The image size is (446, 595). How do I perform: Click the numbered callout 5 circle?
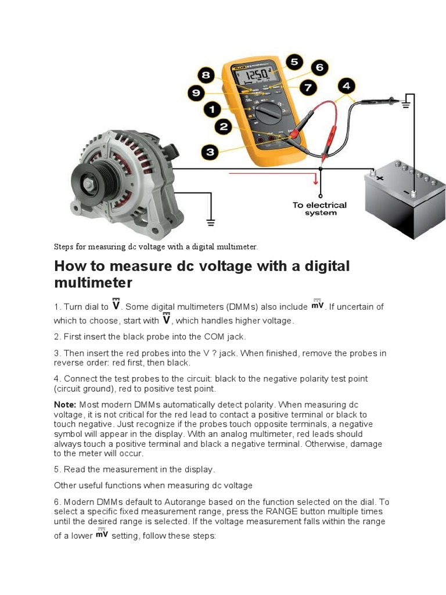pos(294,62)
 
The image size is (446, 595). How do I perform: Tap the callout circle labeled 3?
pos(210,152)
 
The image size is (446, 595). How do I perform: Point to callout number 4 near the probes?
pos(346,87)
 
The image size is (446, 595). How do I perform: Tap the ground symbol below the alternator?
pos(210,221)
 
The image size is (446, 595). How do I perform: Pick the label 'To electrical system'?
pos(319,209)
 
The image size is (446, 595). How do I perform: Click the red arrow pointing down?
pos(316,181)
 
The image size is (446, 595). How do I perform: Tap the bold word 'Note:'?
pos(65,404)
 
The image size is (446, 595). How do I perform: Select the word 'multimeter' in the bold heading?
pos(93,283)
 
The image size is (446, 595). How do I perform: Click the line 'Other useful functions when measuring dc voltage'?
pos(153,485)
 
